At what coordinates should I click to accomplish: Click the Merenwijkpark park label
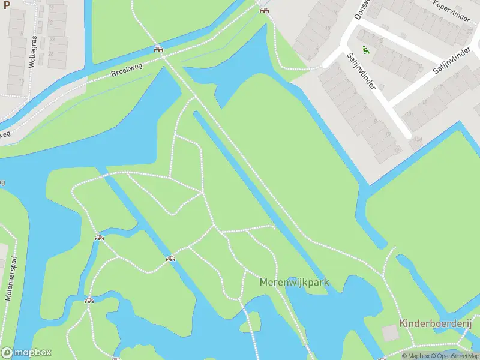click(295, 282)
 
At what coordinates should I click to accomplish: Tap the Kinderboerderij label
click(436, 323)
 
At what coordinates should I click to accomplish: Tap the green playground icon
click(365, 50)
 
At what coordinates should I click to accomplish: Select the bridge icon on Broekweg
click(158, 49)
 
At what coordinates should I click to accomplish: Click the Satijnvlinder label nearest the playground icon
click(361, 71)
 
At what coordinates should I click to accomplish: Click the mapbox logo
click(26, 353)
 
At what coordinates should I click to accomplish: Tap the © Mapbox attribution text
click(418, 356)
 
